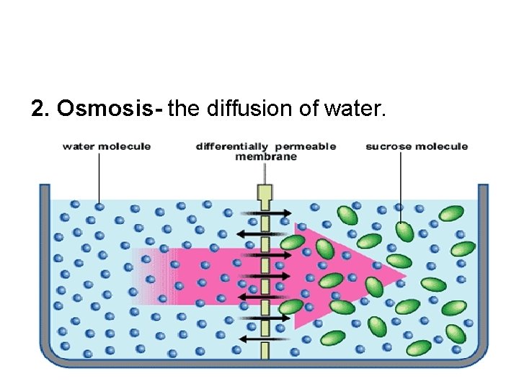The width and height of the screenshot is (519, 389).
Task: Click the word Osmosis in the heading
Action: [110, 109]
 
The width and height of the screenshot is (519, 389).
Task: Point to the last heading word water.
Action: [355, 109]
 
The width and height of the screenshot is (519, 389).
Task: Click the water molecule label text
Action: [107, 146]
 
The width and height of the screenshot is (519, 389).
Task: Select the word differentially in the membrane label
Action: [231, 146]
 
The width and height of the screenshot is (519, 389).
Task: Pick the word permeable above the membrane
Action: [305, 146]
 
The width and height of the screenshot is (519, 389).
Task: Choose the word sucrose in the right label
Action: [389, 146]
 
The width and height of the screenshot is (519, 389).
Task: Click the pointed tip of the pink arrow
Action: [404, 276]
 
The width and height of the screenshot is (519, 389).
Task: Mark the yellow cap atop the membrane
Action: [265, 192]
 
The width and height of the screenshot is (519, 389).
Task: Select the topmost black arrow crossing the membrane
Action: [265, 213]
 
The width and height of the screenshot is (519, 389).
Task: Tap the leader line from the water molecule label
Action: [99, 176]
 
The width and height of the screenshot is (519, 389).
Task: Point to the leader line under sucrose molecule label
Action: [400, 180]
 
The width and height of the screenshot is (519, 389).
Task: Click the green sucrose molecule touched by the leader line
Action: [404, 231]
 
